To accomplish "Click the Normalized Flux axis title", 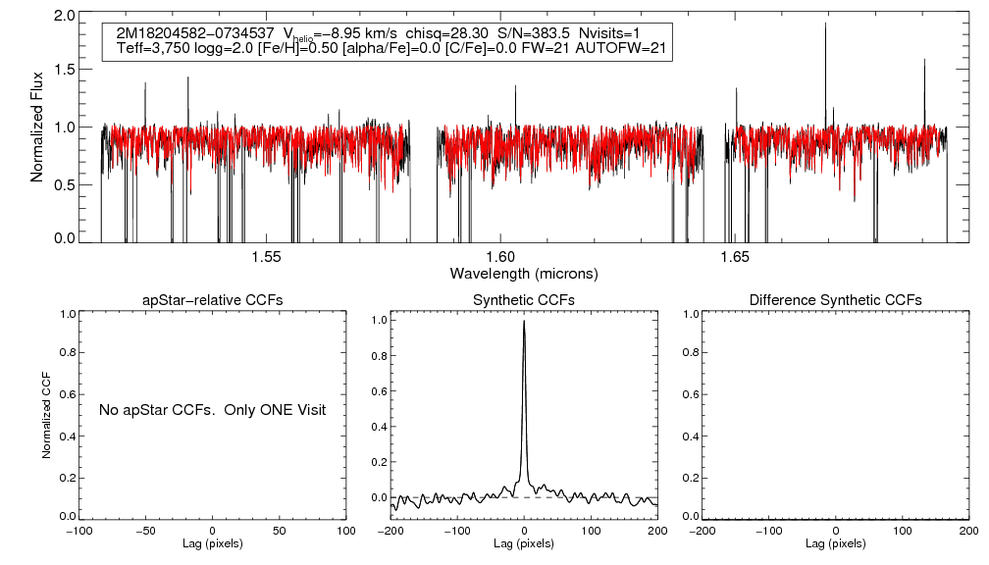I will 37,127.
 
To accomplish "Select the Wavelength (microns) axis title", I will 523,272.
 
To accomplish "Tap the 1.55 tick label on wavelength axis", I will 266,257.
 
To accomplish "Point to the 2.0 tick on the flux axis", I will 66,17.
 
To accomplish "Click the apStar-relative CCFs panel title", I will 213,299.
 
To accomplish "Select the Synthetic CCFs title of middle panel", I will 524,299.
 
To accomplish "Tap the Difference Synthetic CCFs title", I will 835,299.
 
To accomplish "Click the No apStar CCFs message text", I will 212,409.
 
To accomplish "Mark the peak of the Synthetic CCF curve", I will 524,321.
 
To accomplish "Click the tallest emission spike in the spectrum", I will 825,24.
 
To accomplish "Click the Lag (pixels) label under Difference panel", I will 835,542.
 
